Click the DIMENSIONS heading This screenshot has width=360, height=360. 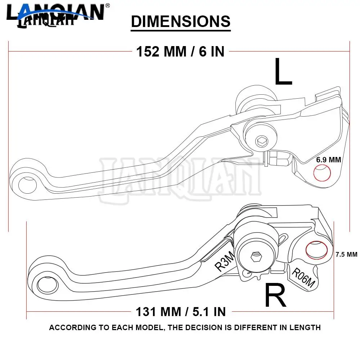[180, 22]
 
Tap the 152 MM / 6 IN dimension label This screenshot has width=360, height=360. [180, 51]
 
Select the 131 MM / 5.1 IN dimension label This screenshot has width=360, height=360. [181, 311]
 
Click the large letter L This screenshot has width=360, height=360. [283, 72]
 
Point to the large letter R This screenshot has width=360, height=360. [275, 295]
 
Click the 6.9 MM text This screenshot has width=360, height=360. [328, 159]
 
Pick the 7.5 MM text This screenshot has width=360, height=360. [346, 255]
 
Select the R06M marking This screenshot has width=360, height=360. [303, 278]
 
